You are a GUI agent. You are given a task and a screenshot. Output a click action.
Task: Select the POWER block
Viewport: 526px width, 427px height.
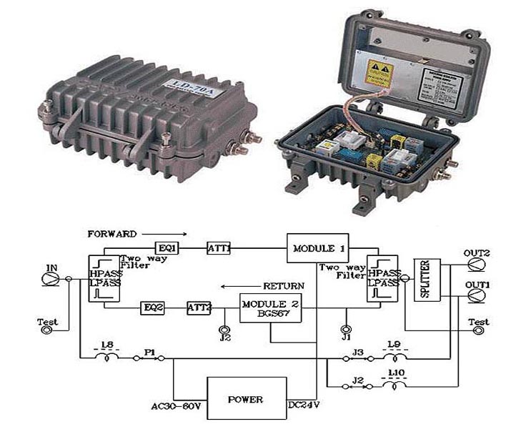click(247, 399)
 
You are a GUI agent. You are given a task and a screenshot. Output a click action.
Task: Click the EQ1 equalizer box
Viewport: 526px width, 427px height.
click(169, 248)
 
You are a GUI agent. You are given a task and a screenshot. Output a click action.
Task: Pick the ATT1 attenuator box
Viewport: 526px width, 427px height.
click(218, 249)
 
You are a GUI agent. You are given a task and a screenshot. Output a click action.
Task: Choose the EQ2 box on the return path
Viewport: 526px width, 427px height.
click(153, 308)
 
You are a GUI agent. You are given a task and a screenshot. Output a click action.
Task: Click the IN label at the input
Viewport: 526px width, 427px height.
click(51, 268)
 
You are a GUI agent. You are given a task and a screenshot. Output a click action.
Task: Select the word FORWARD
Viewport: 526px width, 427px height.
click(110, 233)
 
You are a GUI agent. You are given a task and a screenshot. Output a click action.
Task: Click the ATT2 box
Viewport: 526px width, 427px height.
click(200, 308)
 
